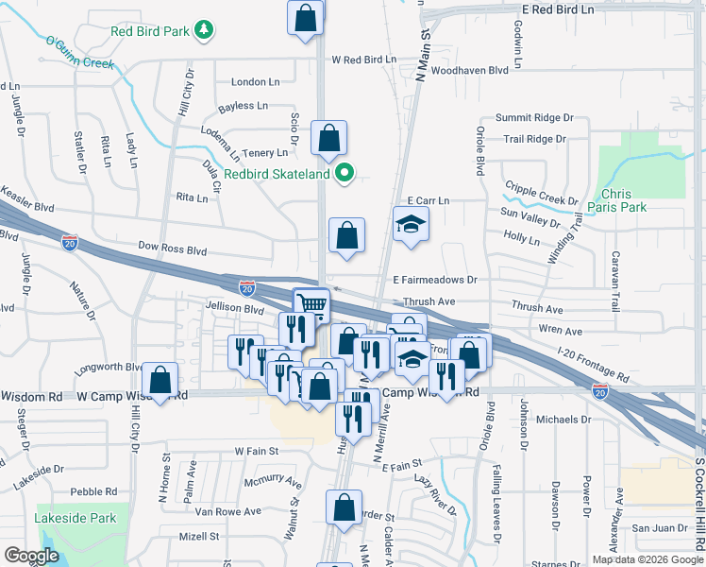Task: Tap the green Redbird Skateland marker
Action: (345, 173)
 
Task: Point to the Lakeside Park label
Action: (75, 518)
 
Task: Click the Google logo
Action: (31, 555)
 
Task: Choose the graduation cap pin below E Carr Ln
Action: (411, 225)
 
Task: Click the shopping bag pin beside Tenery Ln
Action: (328, 138)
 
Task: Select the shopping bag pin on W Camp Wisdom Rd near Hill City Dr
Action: (160, 381)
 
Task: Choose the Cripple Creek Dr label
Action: (540, 194)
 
